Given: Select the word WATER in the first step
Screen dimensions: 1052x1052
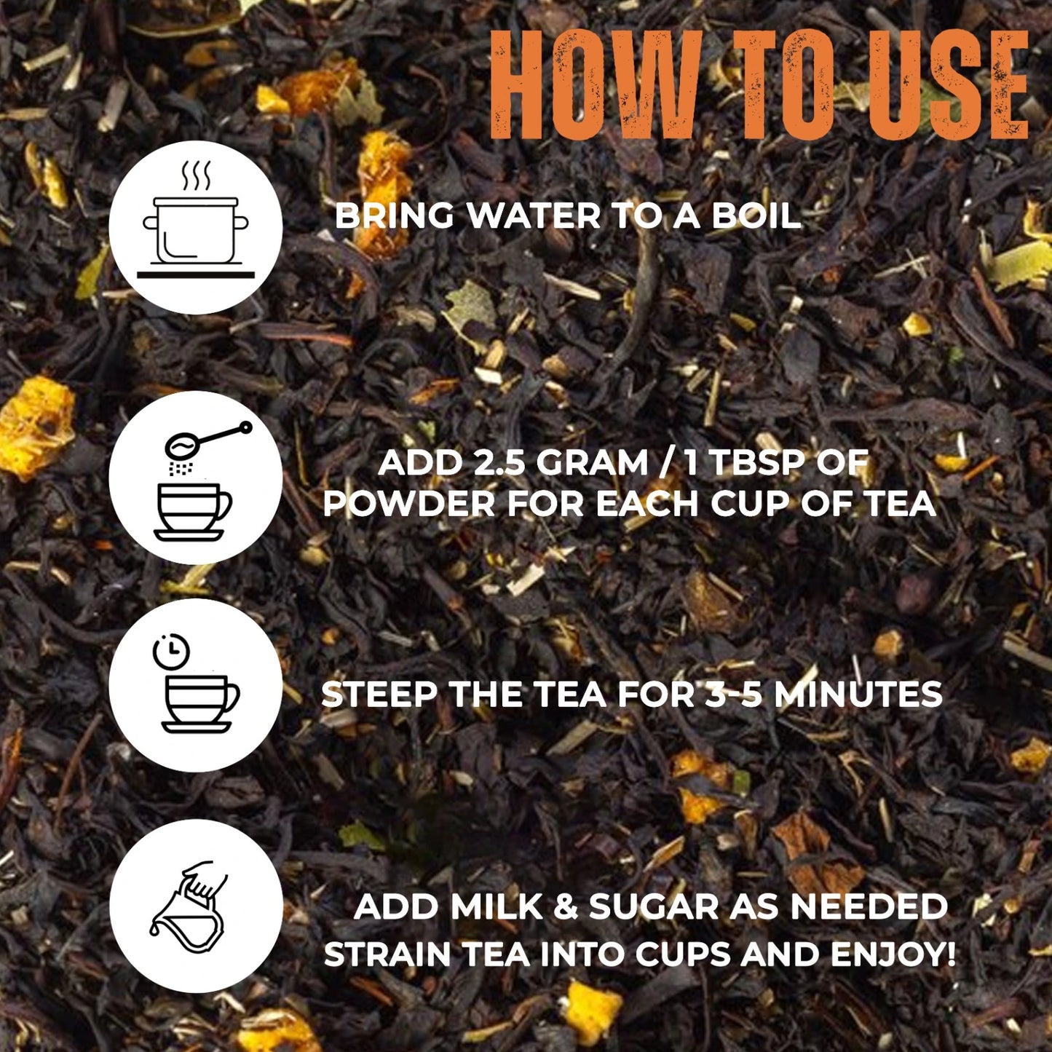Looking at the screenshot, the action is click(534, 216).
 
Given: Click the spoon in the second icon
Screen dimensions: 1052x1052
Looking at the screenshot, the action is click(208, 442).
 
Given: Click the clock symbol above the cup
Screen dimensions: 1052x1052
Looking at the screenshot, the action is click(170, 652).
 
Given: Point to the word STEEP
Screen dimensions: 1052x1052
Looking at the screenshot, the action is click(379, 695).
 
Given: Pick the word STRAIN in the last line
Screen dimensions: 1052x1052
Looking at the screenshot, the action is click(387, 955).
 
